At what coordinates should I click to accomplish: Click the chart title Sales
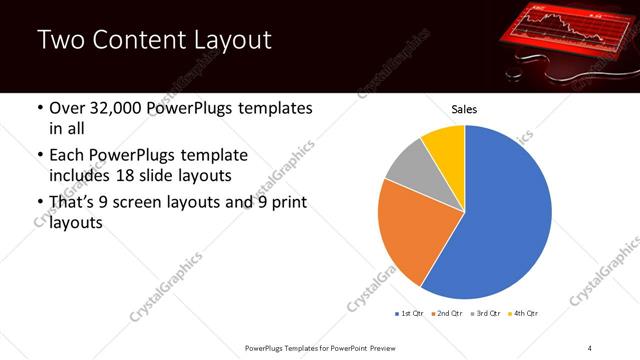click(x=465, y=108)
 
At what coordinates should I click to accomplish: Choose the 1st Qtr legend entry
click(x=411, y=314)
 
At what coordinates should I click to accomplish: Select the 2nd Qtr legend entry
click(x=448, y=314)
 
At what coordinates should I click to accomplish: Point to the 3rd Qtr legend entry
click(x=486, y=314)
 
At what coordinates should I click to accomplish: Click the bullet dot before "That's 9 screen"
click(x=39, y=204)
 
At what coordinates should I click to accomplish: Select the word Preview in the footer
click(x=381, y=346)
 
